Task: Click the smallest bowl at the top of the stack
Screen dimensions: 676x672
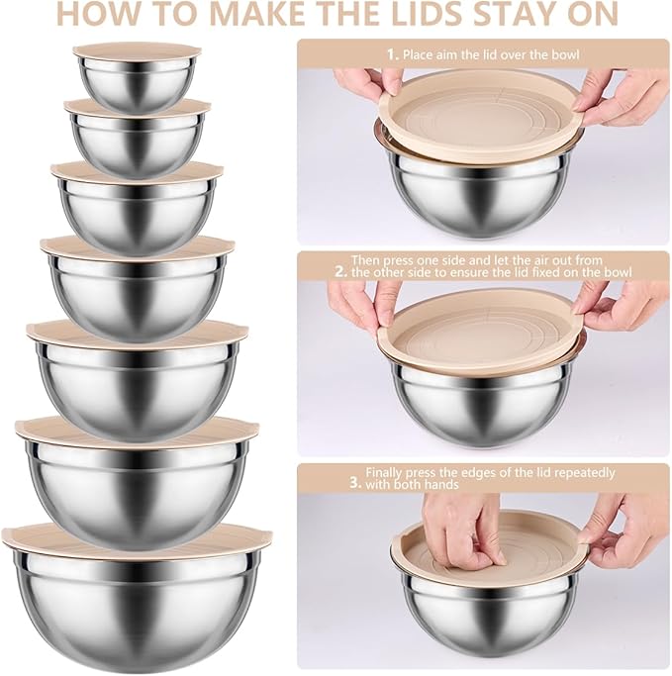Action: coord(137,83)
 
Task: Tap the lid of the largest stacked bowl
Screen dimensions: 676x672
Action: coord(137,537)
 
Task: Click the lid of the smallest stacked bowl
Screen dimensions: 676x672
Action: coord(137,49)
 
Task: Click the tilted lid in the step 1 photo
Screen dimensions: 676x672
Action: coord(481,114)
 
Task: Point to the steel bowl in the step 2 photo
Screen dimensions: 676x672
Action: coord(483,401)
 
